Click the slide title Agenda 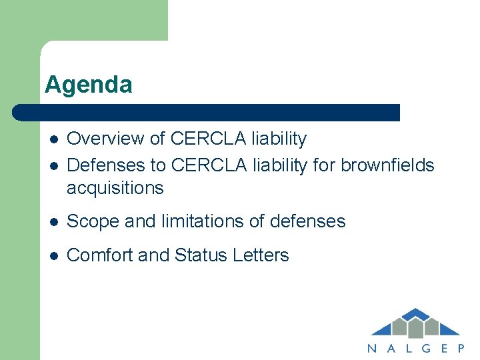(x=88, y=85)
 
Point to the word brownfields (x=387, y=165)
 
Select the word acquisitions (x=115, y=188)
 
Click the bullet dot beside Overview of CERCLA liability (x=53, y=139)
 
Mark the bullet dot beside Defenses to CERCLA (x=53, y=165)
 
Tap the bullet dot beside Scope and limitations (x=53, y=222)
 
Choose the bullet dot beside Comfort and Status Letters (x=53, y=256)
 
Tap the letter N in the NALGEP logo (x=372, y=347)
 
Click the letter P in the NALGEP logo (x=460, y=347)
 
